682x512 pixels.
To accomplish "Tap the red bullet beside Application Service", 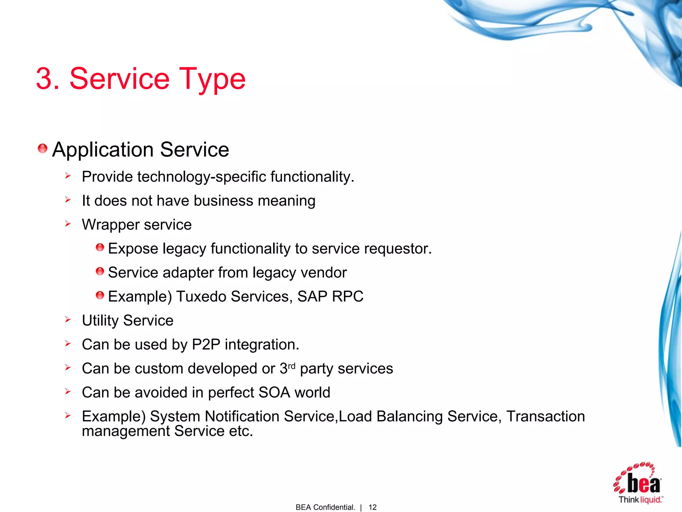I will [43, 148].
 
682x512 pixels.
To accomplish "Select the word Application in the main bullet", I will [102, 150].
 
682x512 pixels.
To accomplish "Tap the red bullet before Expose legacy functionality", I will [100, 247].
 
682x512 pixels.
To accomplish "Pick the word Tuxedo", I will [201, 297].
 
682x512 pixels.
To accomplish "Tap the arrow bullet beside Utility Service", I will [68, 320].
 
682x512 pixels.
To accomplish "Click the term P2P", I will [206, 345].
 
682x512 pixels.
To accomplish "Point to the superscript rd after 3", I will [291, 366].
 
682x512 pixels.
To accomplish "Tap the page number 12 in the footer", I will [372, 507].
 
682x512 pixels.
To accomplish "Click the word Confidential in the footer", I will [334, 507].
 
